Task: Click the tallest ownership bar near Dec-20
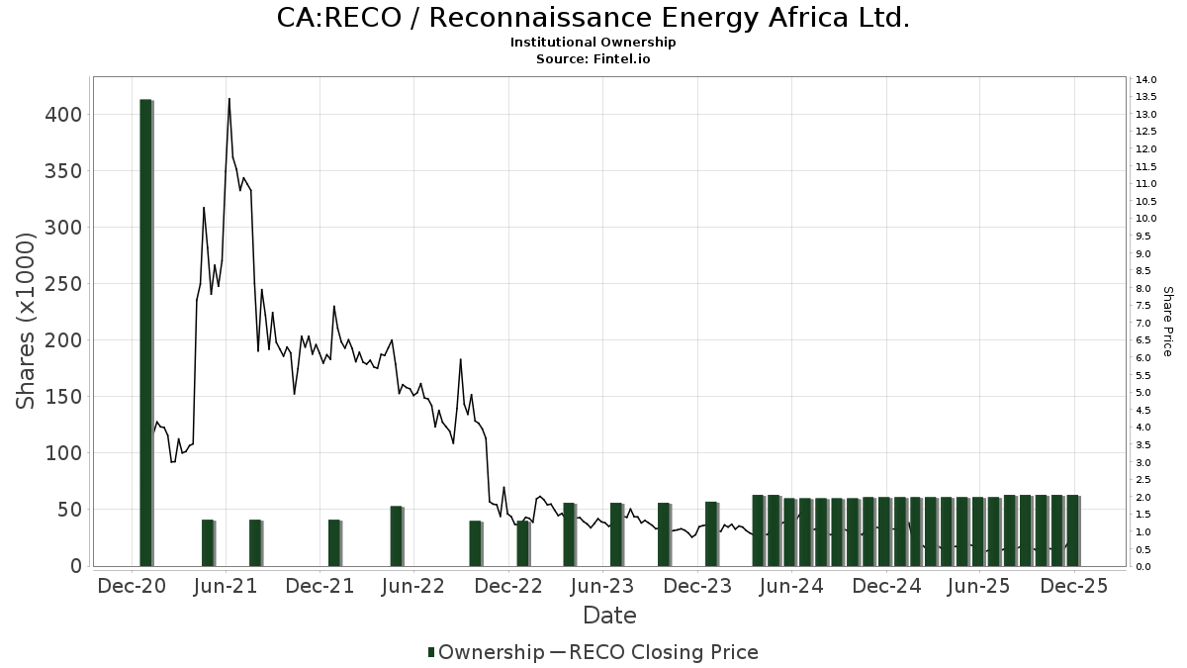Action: tap(145, 332)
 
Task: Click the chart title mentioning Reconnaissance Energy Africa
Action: tap(593, 18)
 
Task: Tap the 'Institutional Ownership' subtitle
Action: tap(593, 43)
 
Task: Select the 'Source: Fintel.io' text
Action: tap(593, 59)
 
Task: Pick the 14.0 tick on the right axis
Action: tap(1146, 79)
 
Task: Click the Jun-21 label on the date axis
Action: tap(227, 586)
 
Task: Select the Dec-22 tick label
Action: tap(508, 586)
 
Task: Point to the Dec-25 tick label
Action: tap(1073, 586)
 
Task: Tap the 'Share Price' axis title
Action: tap(1167, 322)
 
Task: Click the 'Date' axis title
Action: tap(609, 616)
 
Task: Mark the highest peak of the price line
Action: tap(229, 99)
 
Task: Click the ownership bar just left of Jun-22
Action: tap(397, 535)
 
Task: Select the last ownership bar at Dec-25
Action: tap(1072, 530)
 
